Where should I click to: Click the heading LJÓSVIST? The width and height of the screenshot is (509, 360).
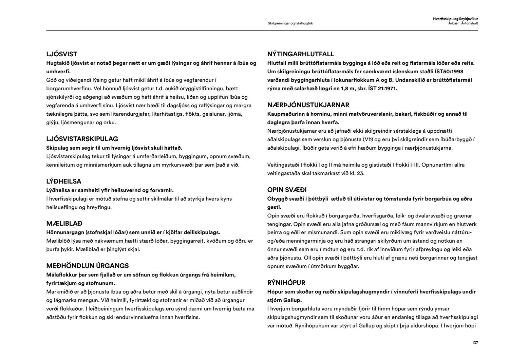click(62, 54)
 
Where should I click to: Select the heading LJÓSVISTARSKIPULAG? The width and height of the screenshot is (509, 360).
click(82, 139)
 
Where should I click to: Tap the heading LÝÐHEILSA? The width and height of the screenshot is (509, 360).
click(64, 181)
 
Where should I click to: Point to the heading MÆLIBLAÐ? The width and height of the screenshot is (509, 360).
click(64, 224)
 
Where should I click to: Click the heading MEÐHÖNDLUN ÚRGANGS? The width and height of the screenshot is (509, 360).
click(88, 266)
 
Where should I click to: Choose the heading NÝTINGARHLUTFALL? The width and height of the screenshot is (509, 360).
click(301, 54)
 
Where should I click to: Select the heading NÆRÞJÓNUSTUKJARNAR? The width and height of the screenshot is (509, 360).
click(308, 105)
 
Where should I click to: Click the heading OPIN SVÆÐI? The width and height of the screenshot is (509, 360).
click(287, 190)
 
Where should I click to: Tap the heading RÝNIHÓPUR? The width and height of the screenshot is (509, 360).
click(286, 283)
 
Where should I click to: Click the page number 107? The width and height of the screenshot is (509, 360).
click(475, 343)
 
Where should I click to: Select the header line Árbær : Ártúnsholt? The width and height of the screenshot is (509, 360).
click(463, 23)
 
